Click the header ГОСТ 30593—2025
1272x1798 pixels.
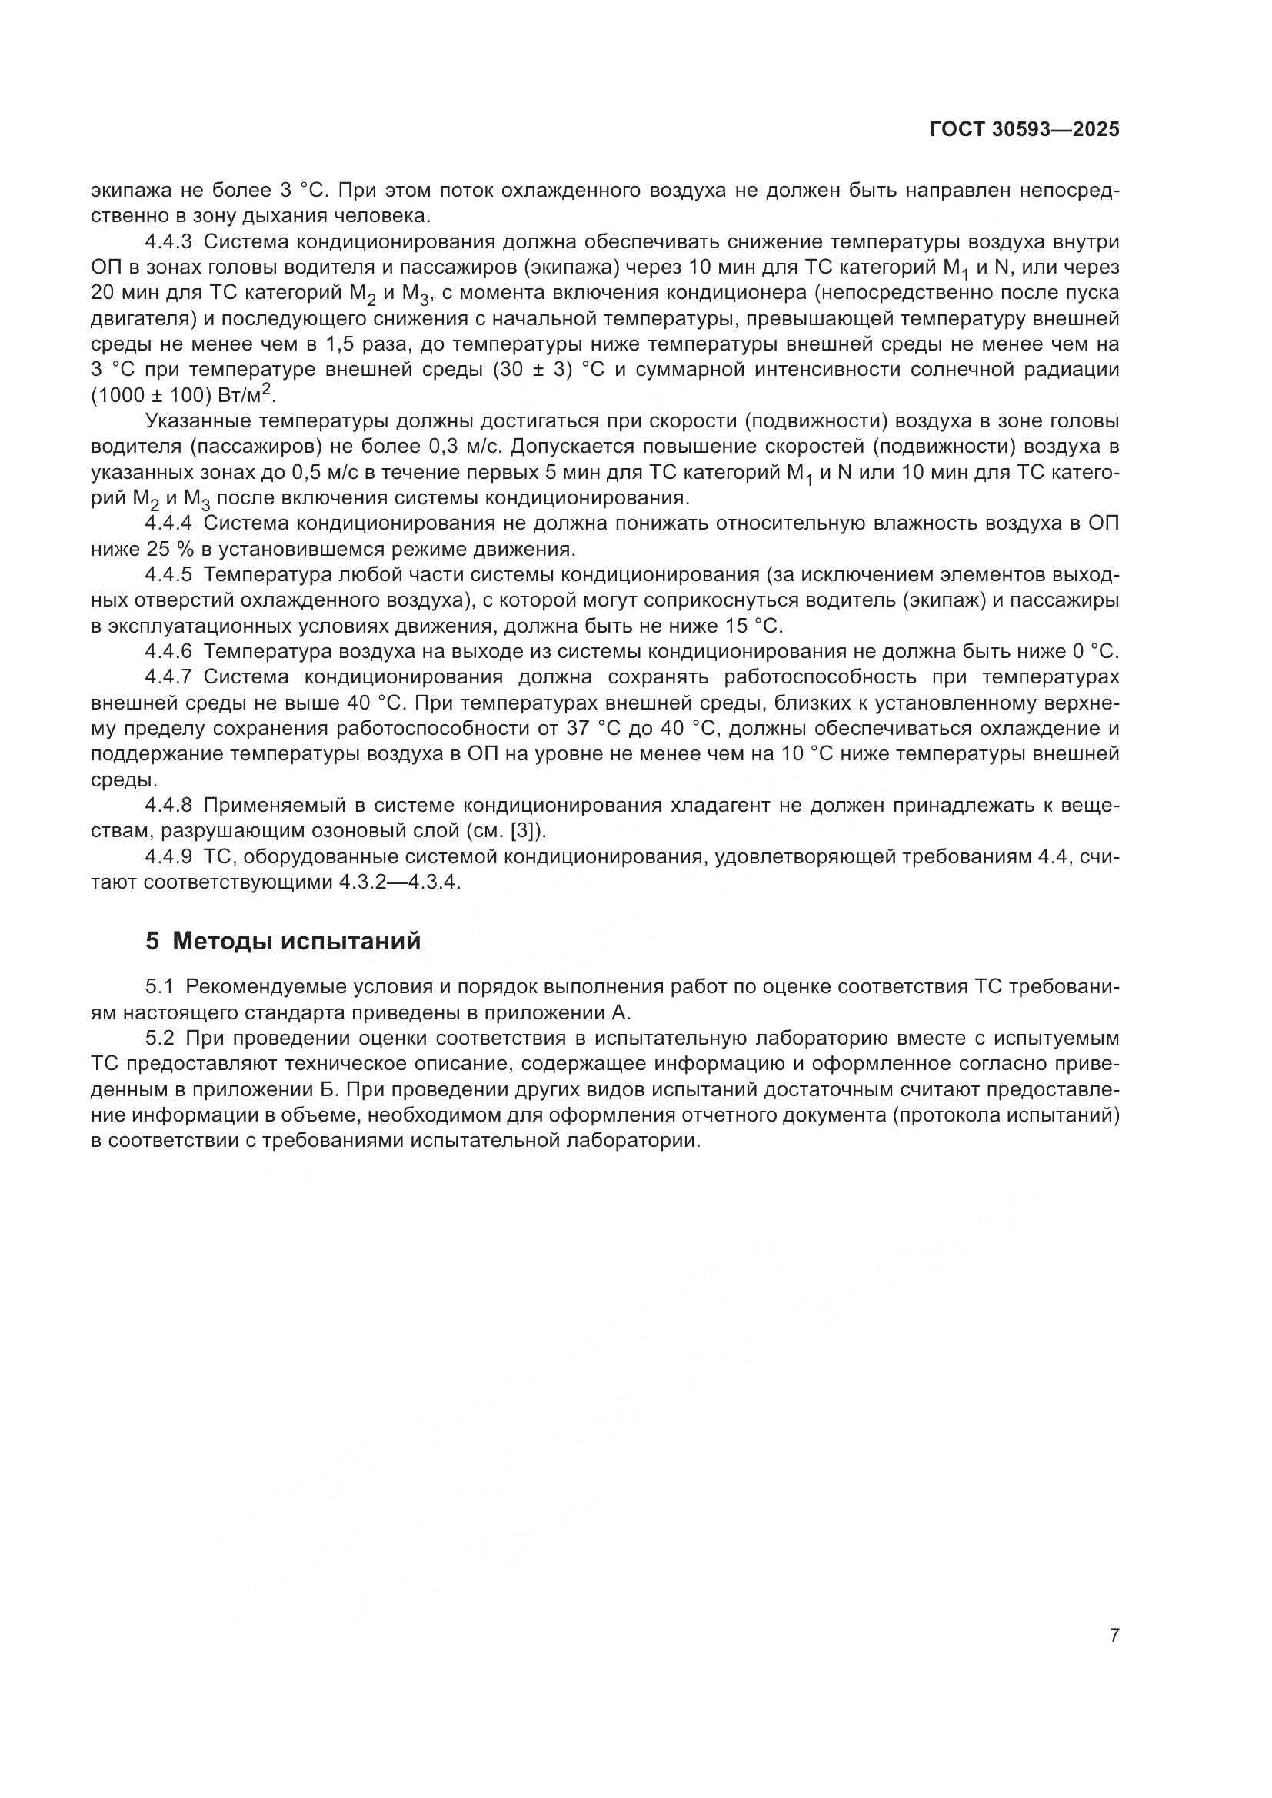point(1024,130)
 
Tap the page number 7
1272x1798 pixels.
point(1114,1636)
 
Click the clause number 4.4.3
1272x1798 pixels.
point(168,242)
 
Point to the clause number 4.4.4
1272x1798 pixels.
point(168,523)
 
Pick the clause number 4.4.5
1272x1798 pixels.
point(168,575)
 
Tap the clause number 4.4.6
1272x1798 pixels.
point(168,652)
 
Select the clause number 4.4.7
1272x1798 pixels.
point(168,677)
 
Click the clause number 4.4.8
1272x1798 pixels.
point(168,805)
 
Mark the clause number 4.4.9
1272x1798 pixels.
point(168,856)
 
